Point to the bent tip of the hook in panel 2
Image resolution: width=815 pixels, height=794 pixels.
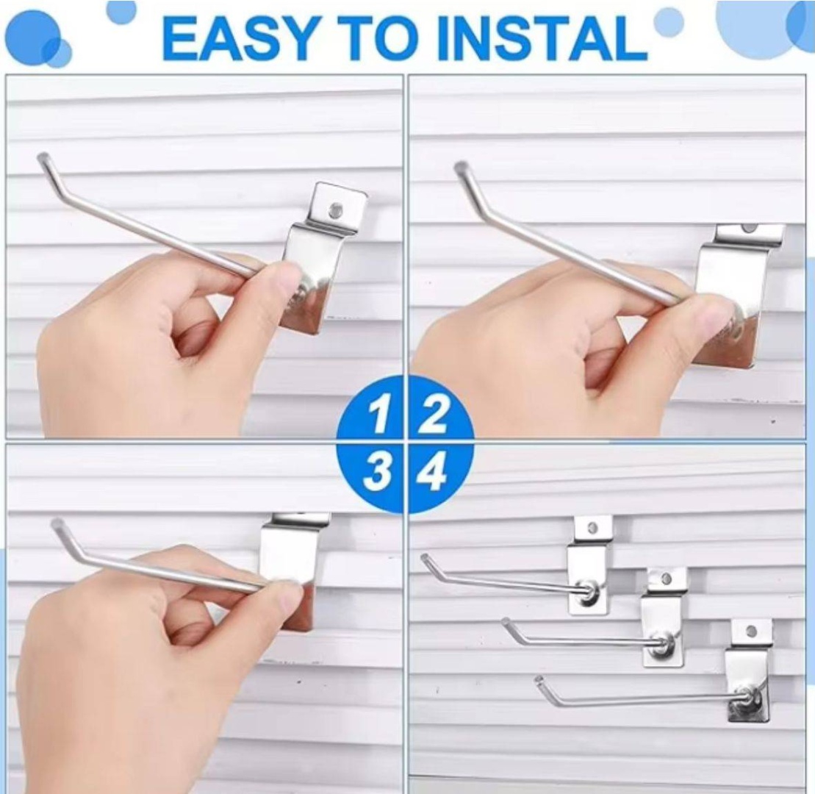[x=461, y=168]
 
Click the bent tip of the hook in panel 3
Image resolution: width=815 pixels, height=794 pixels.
[x=57, y=523]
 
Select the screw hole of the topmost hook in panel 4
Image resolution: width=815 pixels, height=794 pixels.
[x=592, y=529]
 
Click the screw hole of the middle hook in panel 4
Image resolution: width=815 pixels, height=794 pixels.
[x=667, y=578]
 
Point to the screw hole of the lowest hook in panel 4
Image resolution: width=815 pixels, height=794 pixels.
[x=751, y=632]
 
